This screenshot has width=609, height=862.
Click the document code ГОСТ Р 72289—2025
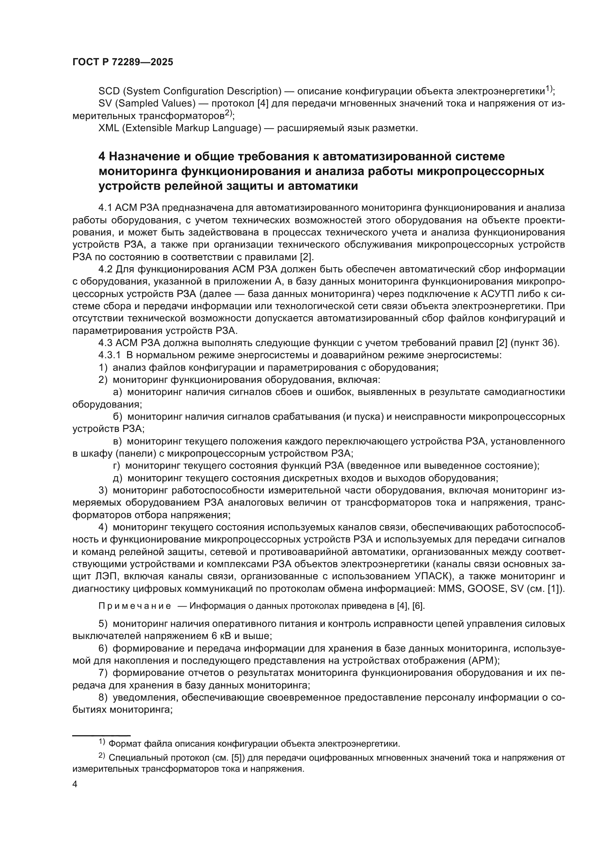click(x=123, y=62)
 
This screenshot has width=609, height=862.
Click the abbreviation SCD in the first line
click(x=109, y=91)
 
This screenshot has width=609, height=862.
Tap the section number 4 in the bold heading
click(x=102, y=156)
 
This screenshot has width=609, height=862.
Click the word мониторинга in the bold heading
click(x=138, y=171)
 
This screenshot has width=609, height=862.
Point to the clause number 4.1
click(x=106, y=207)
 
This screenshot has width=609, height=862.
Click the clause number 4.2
click(x=106, y=269)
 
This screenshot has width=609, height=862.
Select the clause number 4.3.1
click(x=109, y=355)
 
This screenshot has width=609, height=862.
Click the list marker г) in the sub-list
click(x=117, y=466)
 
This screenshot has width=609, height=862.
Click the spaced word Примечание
click(x=135, y=606)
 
